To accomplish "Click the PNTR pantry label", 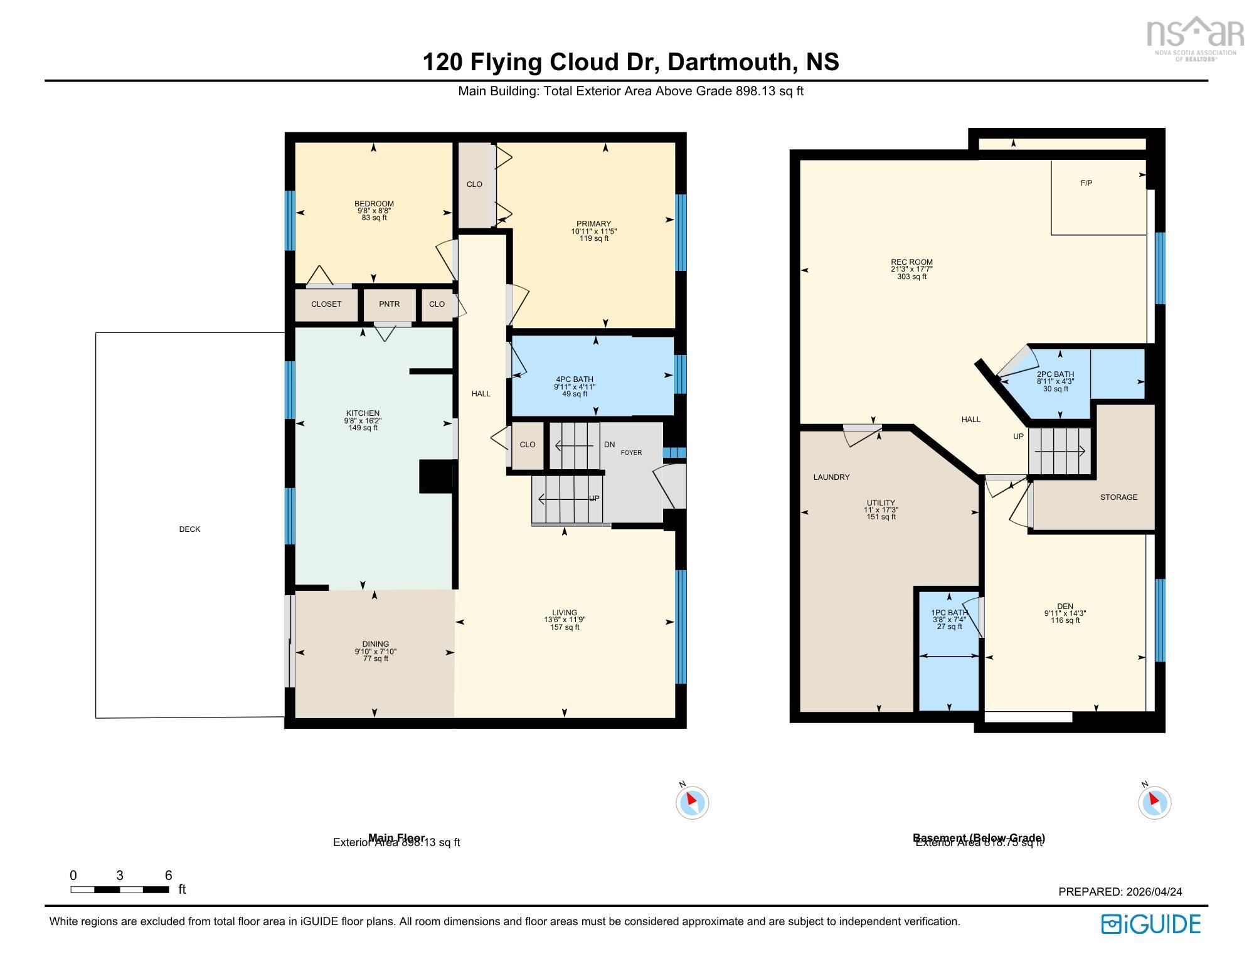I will [389, 304].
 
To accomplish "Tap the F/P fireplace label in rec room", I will [1087, 183].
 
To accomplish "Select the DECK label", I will [189, 529].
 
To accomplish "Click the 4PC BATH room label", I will [574, 379].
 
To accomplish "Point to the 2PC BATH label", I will [1055, 374].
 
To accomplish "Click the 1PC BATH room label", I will [949, 613].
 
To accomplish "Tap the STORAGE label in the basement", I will [1119, 497].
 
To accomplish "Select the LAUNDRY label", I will [831, 477].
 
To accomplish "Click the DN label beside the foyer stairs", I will [609, 445].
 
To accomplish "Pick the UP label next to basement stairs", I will [1018, 437].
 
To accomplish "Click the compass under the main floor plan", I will [692, 802].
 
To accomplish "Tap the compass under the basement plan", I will [1154, 802].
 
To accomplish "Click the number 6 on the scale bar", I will [168, 876].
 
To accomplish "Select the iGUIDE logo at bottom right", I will [1151, 924].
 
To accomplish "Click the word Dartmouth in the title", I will [728, 62].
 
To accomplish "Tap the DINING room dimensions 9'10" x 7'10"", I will [375, 652].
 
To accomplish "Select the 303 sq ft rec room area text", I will [911, 277].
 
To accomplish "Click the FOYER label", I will [631, 453].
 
